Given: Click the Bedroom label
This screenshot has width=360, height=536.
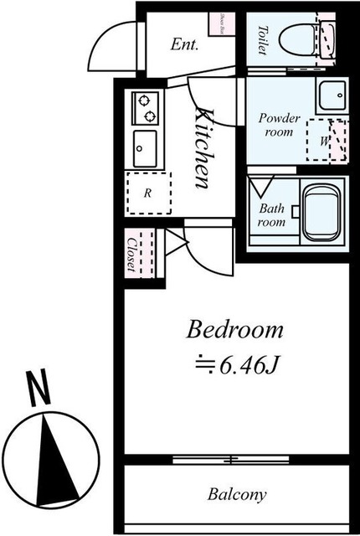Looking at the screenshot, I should pos(234,329).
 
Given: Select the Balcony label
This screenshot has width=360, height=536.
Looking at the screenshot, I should pos(238,493).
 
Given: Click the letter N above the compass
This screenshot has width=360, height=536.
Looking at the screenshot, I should pos(37,389).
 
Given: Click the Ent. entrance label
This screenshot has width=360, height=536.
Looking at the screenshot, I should pos(184,44).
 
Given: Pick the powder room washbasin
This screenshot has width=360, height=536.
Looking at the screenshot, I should pos(331,95).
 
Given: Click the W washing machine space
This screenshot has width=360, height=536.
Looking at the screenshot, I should pos(327,141).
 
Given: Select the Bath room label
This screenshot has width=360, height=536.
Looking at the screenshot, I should pos(271,215).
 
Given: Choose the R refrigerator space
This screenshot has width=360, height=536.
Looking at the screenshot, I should pos(147,193).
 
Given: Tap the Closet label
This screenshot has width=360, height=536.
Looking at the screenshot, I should pos(131,252).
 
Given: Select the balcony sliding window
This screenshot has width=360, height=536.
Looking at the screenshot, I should pos(231,458).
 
